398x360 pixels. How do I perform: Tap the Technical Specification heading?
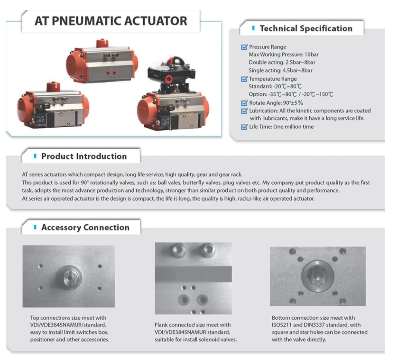click(306, 28)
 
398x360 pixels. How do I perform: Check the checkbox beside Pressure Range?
click(244, 47)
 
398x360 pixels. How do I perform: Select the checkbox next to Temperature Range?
click(244, 79)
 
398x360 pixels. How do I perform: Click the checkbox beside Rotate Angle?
click(244, 103)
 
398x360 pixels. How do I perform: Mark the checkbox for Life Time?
click(244, 127)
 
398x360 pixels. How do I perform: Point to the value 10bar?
click(312, 55)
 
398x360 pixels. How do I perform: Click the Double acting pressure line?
click(282, 63)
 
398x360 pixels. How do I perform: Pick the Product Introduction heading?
click(84, 156)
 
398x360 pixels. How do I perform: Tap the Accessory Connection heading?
click(85, 227)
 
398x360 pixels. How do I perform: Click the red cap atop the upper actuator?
click(102, 43)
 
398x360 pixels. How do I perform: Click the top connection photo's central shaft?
click(69, 277)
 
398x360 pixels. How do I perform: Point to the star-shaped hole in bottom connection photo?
click(317, 277)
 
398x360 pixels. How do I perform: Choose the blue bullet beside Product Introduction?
click(35, 156)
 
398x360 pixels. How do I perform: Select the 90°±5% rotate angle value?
click(293, 103)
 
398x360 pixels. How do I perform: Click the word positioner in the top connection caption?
click(42, 340)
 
